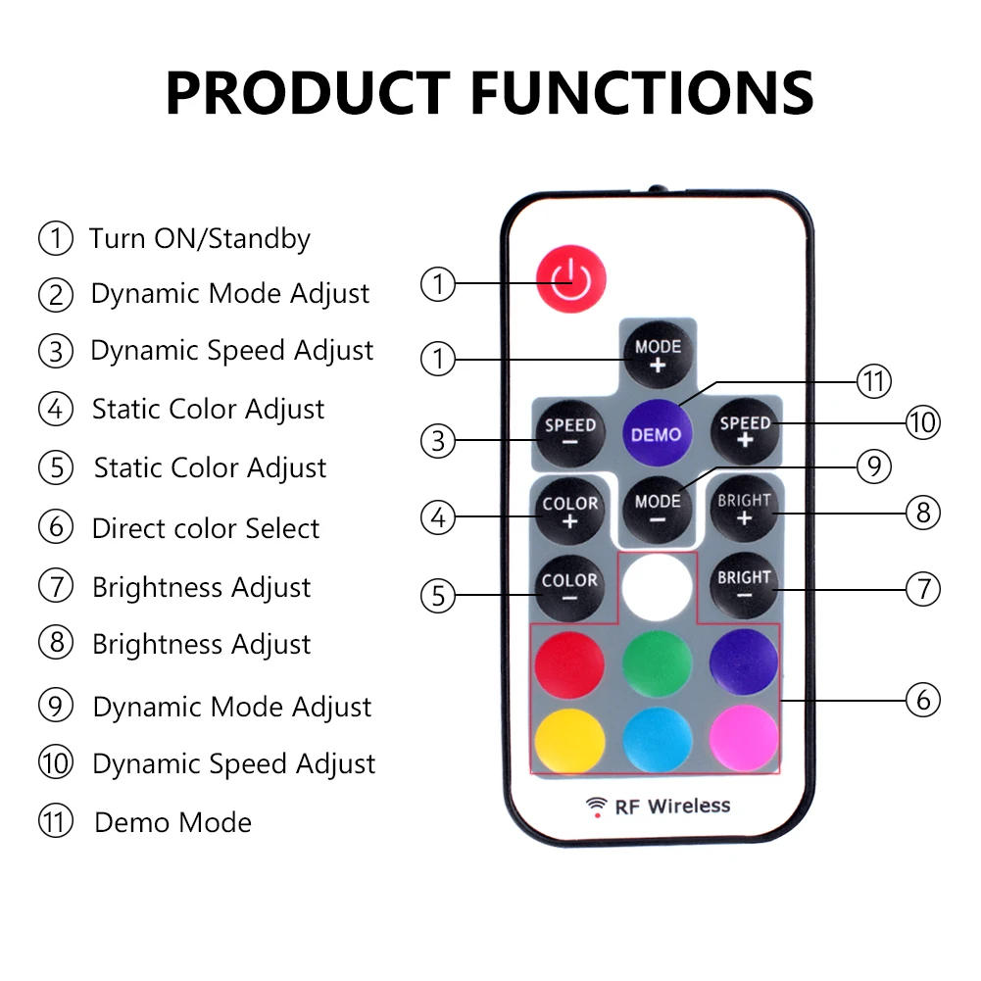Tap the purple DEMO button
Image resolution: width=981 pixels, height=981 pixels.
tap(656, 433)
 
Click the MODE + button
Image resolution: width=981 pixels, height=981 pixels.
tap(658, 355)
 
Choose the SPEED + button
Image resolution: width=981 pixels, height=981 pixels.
tap(745, 431)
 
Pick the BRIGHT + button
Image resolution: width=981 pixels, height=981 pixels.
tap(744, 509)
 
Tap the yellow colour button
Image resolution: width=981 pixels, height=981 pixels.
tap(569, 740)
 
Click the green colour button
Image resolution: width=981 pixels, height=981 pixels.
tap(657, 662)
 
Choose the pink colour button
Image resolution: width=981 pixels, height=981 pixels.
tap(744, 740)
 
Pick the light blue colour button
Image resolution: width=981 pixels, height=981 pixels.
tap(657, 740)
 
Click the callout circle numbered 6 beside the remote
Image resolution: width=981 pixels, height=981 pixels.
tap(922, 700)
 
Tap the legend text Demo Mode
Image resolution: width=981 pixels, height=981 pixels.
tap(172, 822)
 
